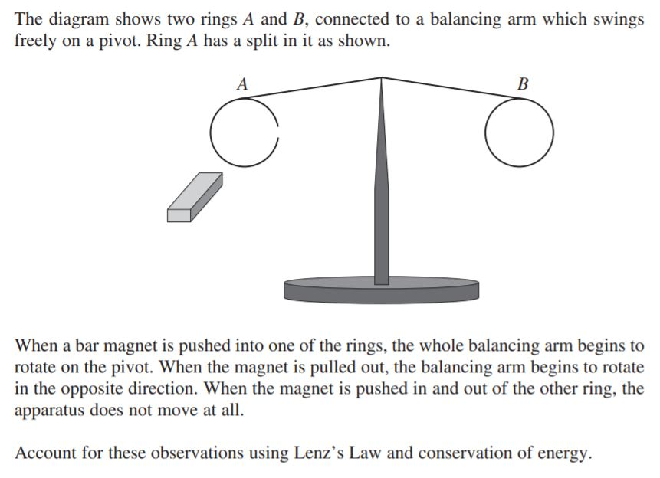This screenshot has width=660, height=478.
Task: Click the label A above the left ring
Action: (243, 84)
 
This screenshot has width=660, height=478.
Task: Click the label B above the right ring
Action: (523, 84)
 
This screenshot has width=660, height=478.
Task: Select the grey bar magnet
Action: (195, 197)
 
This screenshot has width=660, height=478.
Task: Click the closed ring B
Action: (519, 132)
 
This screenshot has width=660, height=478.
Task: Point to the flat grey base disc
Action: (381, 290)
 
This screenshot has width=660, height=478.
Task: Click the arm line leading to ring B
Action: (452, 87)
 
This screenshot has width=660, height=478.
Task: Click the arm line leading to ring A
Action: (314, 87)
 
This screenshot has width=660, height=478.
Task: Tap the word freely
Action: (37, 41)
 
